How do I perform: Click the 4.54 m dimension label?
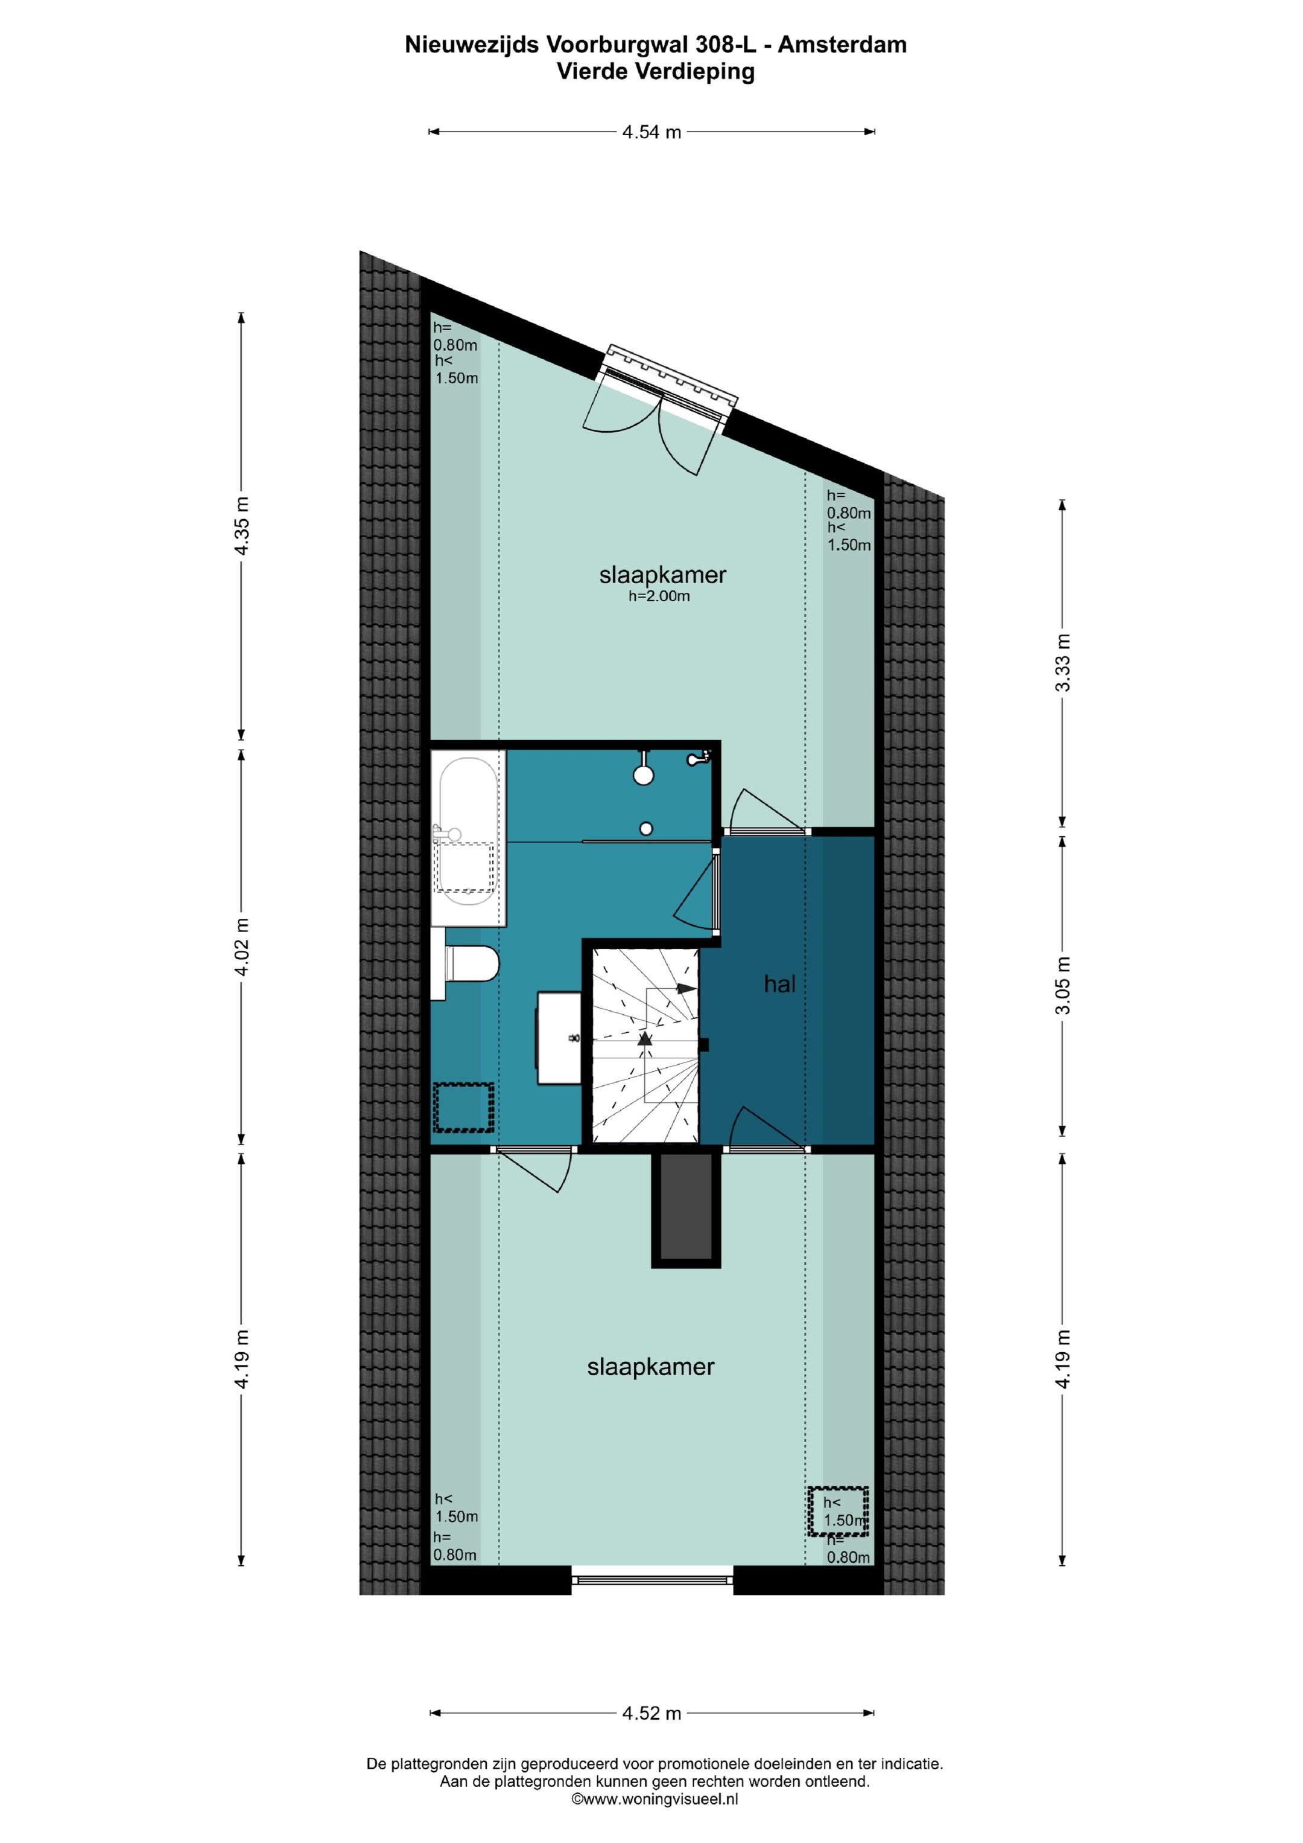pyautogui.click(x=651, y=132)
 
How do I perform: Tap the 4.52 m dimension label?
pyautogui.click(x=651, y=1713)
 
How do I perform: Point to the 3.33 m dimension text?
pyautogui.click(x=1062, y=663)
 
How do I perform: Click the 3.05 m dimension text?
pyautogui.click(x=1062, y=985)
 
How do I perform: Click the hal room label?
pyautogui.click(x=779, y=984)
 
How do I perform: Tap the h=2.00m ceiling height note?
pyautogui.click(x=659, y=596)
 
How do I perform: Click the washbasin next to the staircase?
pyautogui.click(x=560, y=1038)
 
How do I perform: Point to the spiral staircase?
pyautogui.click(x=645, y=1044)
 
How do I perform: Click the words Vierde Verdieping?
pyautogui.click(x=656, y=71)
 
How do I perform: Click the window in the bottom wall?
pyautogui.click(x=652, y=1580)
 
